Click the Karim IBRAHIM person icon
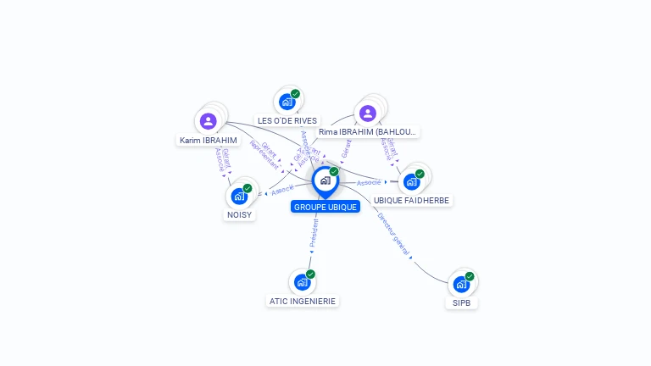[x=209, y=121]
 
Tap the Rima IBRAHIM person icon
[x=367, y=114]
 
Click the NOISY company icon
[x=239, y=196]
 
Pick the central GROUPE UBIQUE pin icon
[x=325, y=180]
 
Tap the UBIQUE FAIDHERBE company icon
[x=412, y=181]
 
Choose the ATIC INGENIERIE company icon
[x=302, y=282]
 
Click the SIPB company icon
[x=461, y=284]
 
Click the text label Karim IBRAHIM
[x=209, y=140]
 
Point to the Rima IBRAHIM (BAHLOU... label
[x=369, y=132]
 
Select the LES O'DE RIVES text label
[x=287, y=121]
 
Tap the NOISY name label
[x=240, y=215]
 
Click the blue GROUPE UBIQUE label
[x=325, y=207]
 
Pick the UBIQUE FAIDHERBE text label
[x=412, y=200]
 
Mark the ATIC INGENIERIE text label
[x=303, y=301]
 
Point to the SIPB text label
[x=462, y=302]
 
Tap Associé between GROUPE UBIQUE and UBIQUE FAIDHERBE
[x=369, y=182]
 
